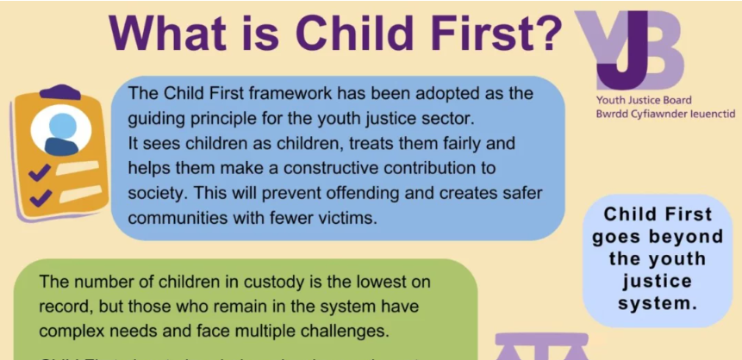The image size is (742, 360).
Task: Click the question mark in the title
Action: (x=544, y=33)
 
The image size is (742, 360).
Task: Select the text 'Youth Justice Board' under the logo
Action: (x=643, y=100)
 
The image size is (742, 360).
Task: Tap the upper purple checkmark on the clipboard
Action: (x=38, y=173)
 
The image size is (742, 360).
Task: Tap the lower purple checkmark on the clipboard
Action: (x=40, y=200)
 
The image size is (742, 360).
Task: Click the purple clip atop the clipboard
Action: (x=60, y=91)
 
